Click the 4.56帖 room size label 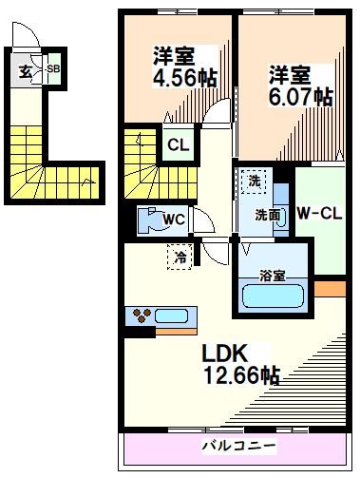[186, 77]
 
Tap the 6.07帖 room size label [299, 96]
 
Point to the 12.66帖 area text [239, 374]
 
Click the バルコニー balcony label [237, 445]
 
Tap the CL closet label [178, 146]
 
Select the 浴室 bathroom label [275, 277]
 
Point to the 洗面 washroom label [267, 215]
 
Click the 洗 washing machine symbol [254, 180]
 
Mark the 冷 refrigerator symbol [178, 255]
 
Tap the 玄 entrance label [24, 69]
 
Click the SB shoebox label [53, 69]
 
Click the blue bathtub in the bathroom [275, 297]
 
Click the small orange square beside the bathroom [329, 287]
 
